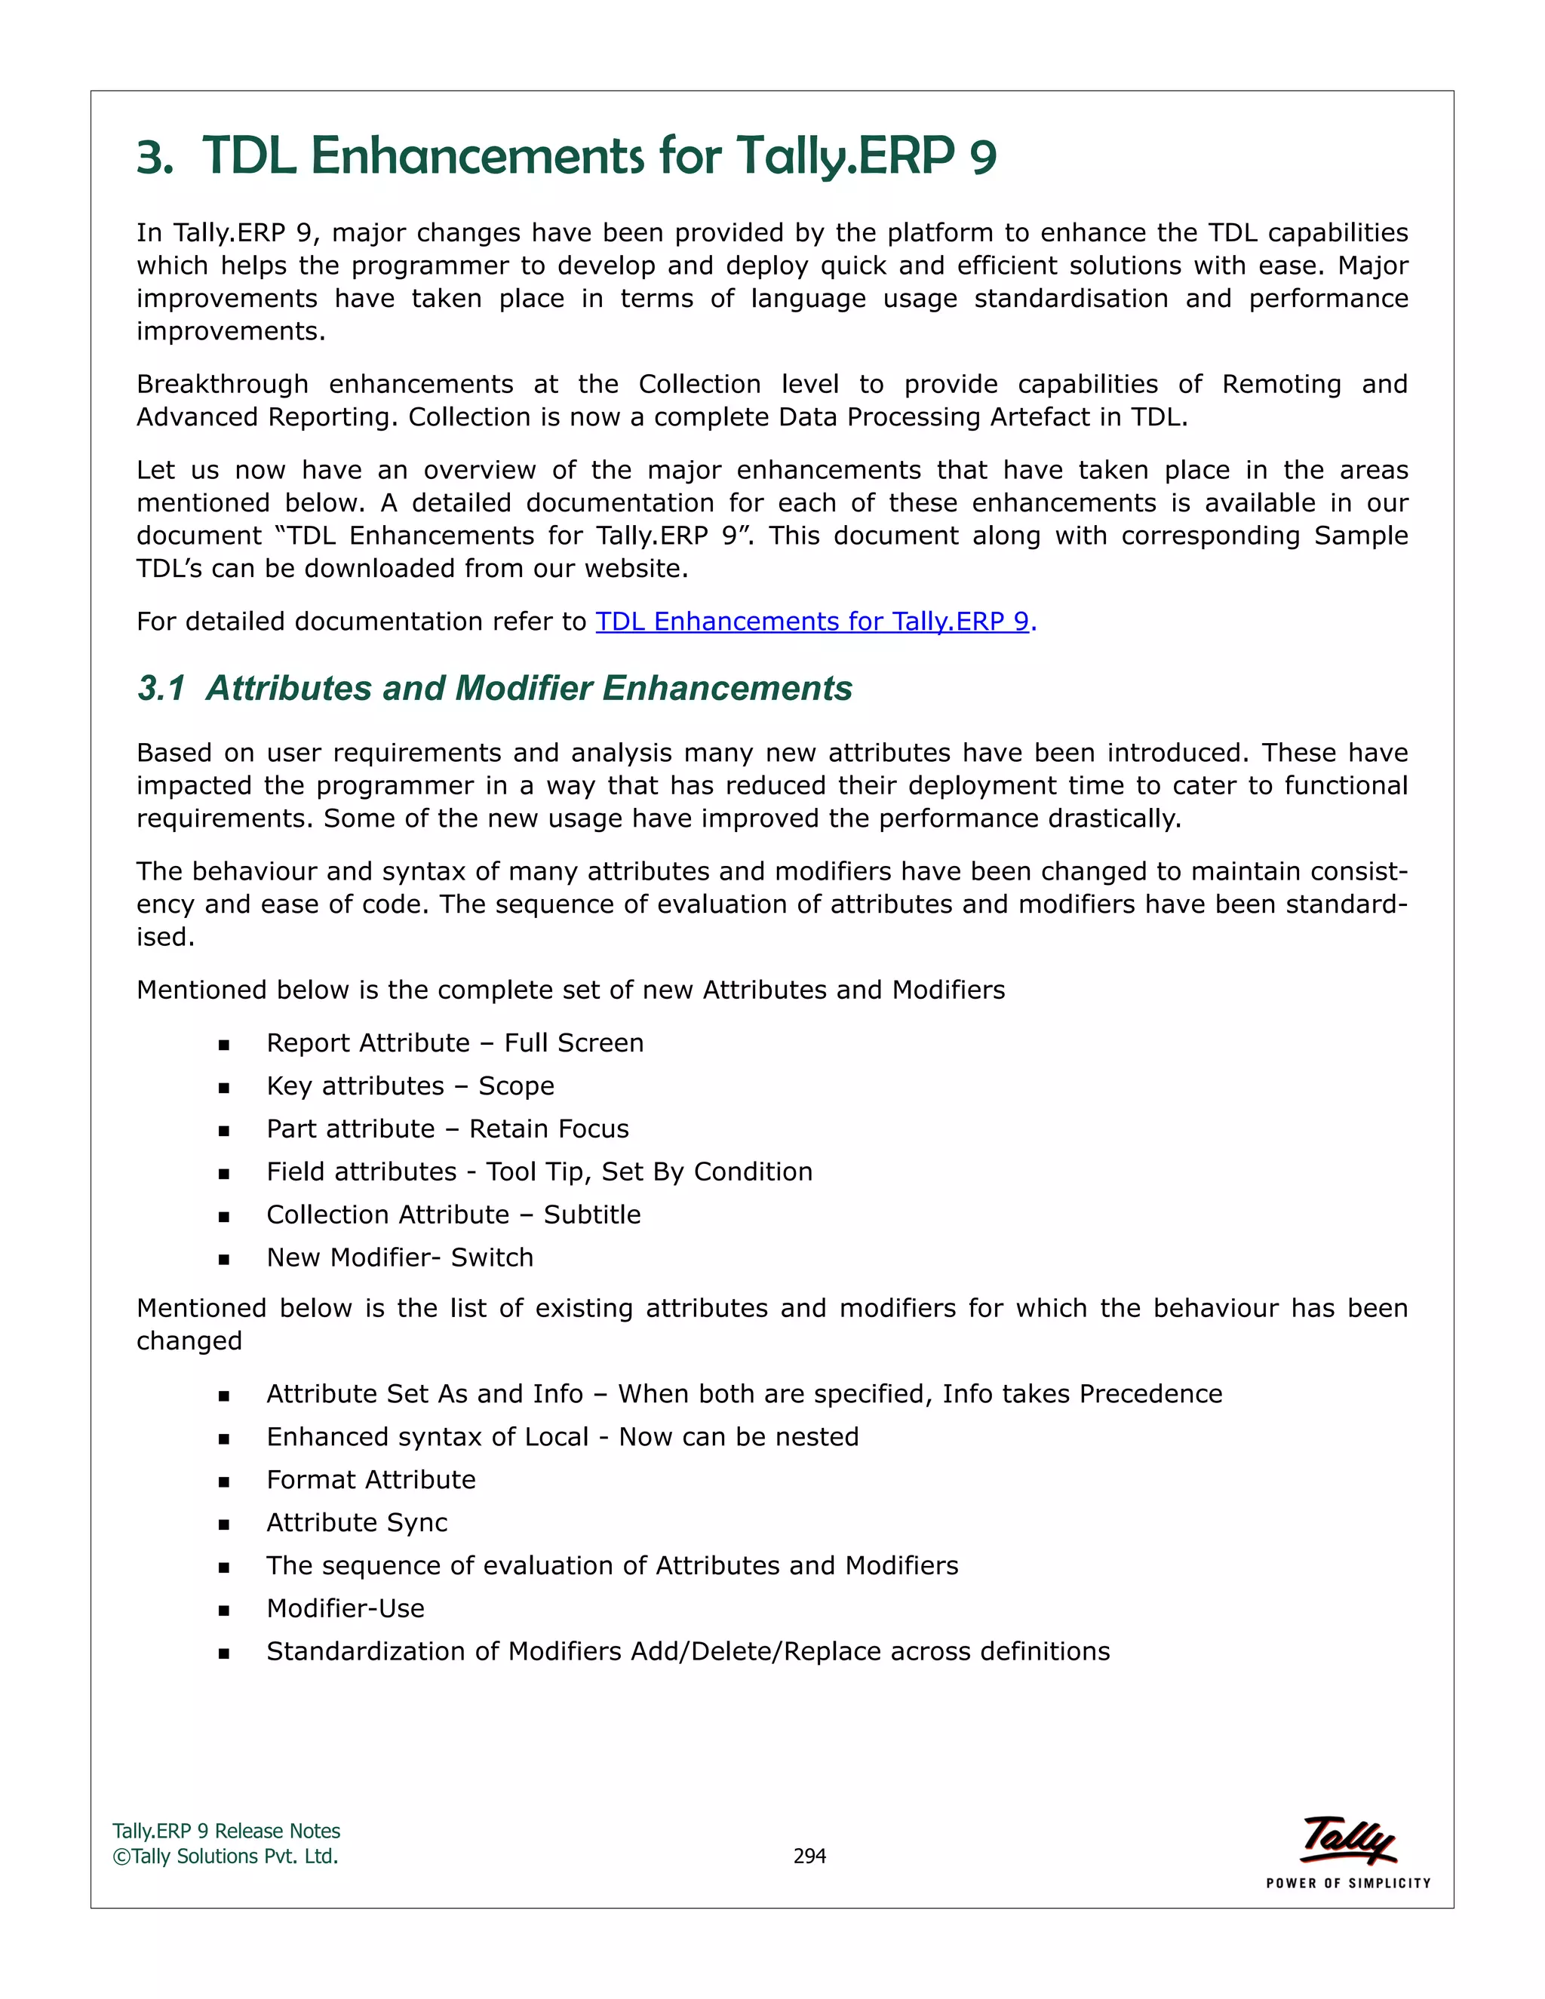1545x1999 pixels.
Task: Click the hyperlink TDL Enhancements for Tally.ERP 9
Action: coord(812,622)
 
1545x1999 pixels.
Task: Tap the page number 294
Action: coord(809,1856)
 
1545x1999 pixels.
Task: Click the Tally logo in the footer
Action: coord(1348,1841)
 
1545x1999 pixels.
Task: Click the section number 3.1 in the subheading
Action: coord(161,688)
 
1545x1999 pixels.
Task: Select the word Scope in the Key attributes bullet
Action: coord(516,1085)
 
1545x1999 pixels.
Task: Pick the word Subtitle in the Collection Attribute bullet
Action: coord(592,1214)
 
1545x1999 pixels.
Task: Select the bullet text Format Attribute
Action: coord(370,1480)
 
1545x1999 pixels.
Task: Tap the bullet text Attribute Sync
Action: coord(357,1523)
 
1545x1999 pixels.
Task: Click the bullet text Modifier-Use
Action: coord(345,1608)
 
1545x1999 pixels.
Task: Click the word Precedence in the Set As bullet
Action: coord(1150,1394)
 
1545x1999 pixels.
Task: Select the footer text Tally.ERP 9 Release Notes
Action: coord(226,1831)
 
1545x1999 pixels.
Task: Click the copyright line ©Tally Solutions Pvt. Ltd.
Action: coord(225,1856)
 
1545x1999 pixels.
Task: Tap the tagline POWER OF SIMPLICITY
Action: coord(1348,1883)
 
